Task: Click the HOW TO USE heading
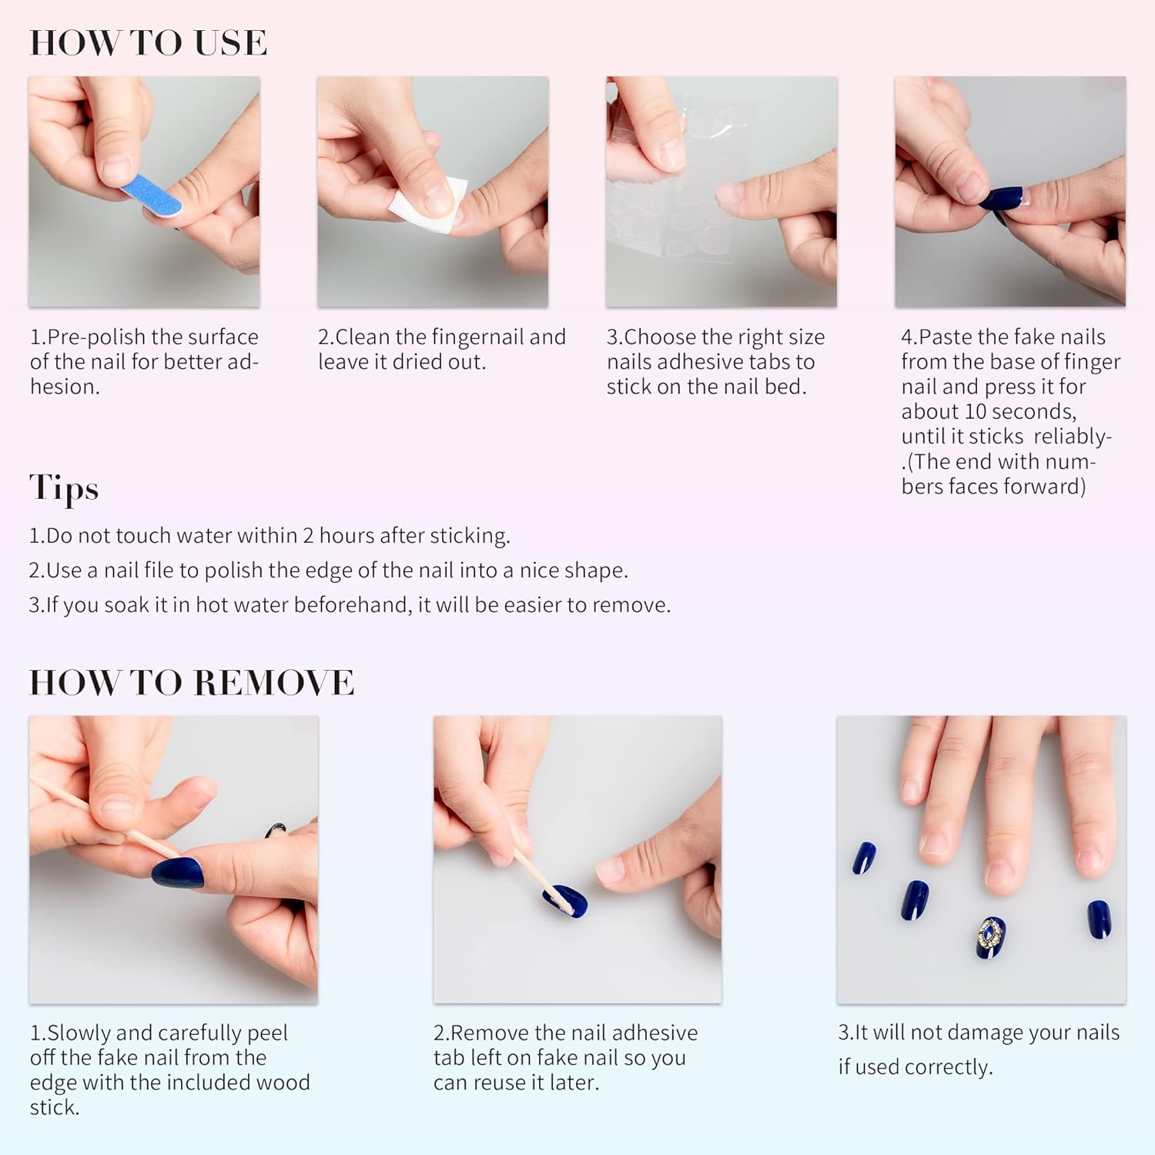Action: point(148,42)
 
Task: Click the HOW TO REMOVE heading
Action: point(192,682)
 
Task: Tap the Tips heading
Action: point(64,488)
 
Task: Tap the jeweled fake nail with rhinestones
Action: point(991,936)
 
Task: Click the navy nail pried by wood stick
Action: point(178,873)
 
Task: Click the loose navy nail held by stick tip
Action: point(566,901)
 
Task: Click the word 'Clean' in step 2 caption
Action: point(363,337)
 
